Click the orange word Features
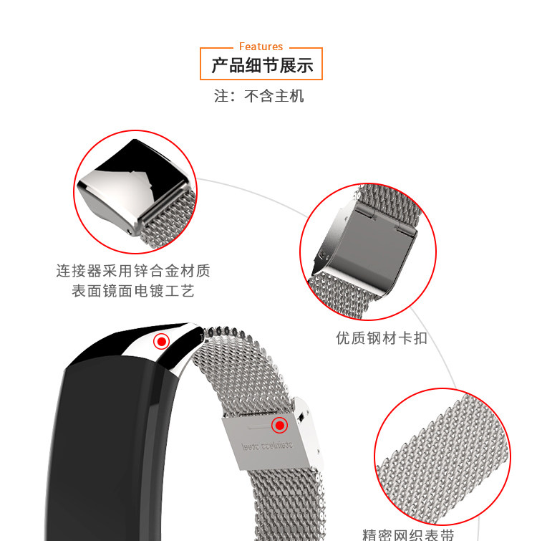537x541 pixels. click(x=261, y=47)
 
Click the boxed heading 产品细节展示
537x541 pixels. click(x=261, y=66)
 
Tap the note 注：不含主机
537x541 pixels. click(x=258, y=95)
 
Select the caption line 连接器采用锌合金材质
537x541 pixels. click(x=133, y=272)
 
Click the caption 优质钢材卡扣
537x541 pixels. click(x=382, y=337)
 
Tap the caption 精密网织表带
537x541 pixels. click(x=408, y=535)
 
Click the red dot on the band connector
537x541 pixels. click(x=162, y=342)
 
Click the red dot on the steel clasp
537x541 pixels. click(x=279, y=426)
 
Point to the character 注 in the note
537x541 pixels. click(x=221, y=96)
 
